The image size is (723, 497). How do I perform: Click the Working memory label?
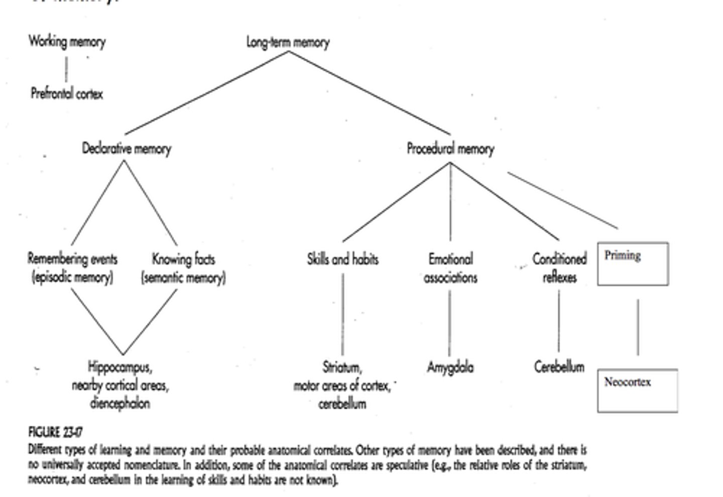[x=67, y=41]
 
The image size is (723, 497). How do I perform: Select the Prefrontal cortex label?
[x=67, y=93]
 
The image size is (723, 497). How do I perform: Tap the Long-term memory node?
[x=288, y=42]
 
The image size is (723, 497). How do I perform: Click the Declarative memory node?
[x=127, y=149]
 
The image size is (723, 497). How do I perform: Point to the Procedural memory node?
[x=450, y=149]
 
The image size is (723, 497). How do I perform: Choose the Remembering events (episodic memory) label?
[x=72, y=268]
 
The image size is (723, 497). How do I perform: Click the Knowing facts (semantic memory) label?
[x=183, y=268]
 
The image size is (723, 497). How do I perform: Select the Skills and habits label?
[x=342, y=259]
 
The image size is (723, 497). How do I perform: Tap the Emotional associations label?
[x=450, y=268]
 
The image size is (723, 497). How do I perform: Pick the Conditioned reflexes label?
[x=559, y=268]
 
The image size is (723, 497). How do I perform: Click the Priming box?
[x=633, y=264]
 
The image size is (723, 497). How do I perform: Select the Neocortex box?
[x=637, y=390]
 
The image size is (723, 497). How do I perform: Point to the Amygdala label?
[x=450, y=367]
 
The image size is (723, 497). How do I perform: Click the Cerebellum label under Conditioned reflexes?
[x=559, y=367]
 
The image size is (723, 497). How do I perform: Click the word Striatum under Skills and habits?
[x=342, y=367]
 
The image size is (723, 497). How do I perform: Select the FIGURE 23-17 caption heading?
[x=56, y=432]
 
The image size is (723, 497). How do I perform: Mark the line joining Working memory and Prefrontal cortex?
[x=66, y=69]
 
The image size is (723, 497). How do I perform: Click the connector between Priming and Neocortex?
[x=638, y=327]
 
